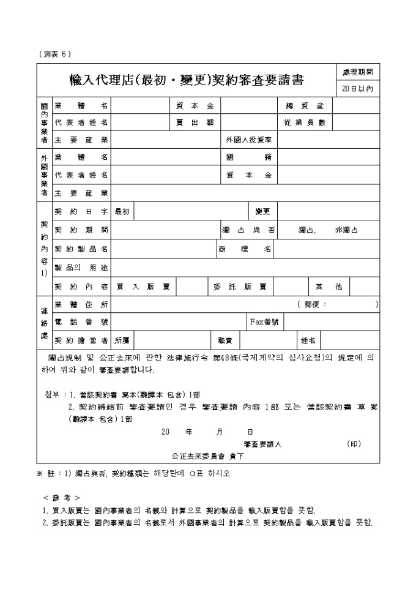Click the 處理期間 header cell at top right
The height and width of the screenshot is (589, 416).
tap(358, 72)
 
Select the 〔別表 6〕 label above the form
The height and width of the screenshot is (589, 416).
tap(54, 54)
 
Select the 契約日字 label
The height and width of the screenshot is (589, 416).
tap(81, 211)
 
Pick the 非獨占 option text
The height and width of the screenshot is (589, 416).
tap(346, 230)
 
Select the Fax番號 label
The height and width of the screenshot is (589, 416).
tap(264, 321)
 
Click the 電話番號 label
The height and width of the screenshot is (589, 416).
tap(81, 321)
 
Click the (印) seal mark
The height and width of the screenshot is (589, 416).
tap(354, 443)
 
